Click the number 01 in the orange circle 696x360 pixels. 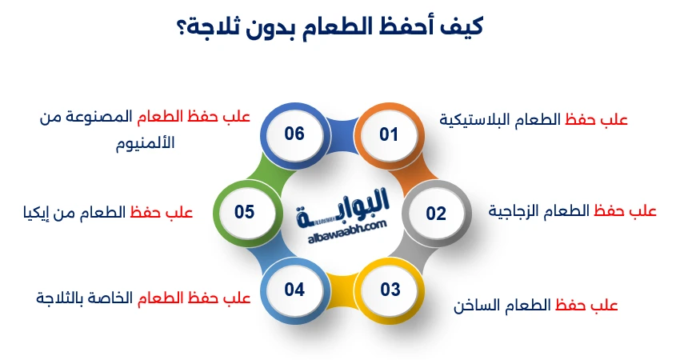[389, 134]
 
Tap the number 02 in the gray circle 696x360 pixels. [436, 214]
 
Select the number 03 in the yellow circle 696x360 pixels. [390, 290]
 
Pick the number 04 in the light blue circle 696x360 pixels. [294, 290]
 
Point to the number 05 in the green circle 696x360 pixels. [245, 212]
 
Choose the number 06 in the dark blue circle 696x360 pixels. [294, 133]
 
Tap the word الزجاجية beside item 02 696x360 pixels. [518, 211]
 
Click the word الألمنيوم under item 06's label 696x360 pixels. [145, 143]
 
